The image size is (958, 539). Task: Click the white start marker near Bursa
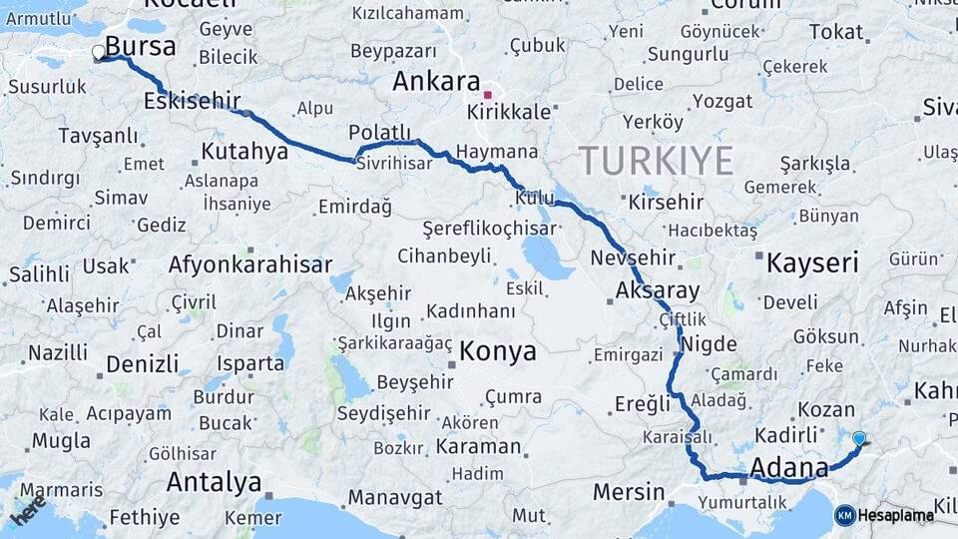point(98,52)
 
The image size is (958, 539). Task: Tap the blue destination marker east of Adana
point(859,437)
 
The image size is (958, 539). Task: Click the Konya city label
point(498,351)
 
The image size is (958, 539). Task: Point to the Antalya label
point(214,483)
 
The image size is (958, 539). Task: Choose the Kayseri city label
point(812,265)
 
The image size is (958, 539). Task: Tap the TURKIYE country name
point(657,161)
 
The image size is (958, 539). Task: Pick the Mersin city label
point(629,492)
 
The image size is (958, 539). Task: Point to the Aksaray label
point(659,291)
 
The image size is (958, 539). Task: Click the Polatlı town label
point(380,133)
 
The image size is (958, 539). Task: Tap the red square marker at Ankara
point(487,95)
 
